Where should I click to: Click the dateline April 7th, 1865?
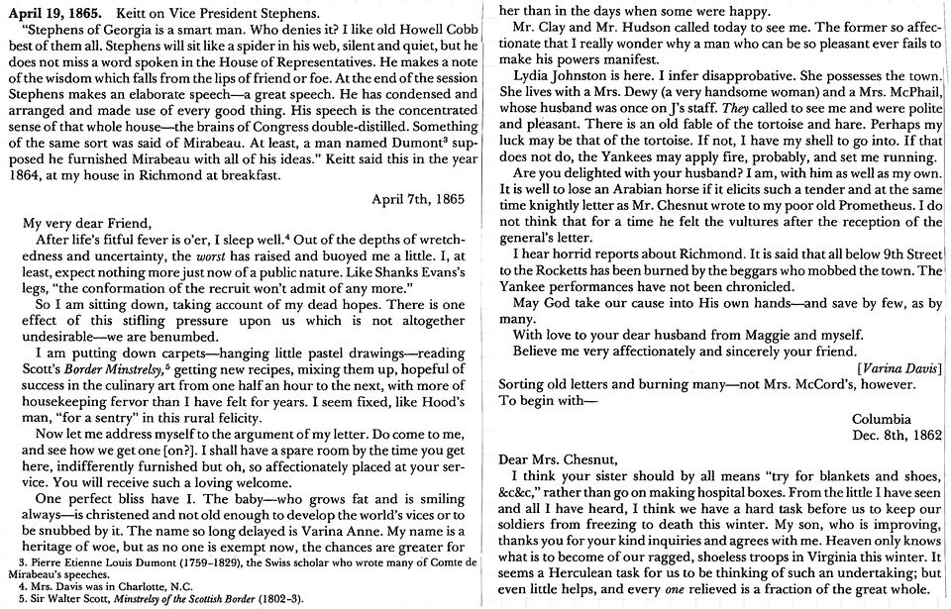[417, 198]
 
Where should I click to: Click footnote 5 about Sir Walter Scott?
[154, 599]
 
